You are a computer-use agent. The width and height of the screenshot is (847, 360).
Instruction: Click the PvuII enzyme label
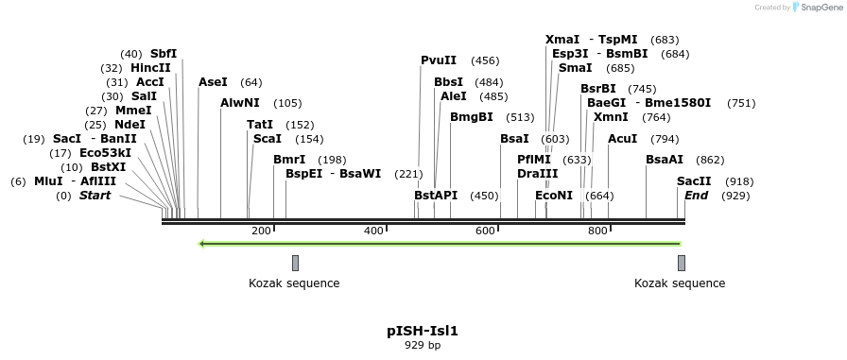click(x=439, y=60)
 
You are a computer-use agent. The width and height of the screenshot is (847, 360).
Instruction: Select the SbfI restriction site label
click(x=164, y=54)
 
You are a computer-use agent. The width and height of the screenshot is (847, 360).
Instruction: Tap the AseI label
click(x=213, y=82)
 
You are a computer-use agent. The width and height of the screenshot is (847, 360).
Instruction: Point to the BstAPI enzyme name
click(x=436, y=196)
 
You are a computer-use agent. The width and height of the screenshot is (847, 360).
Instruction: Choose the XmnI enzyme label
click(x=611, y=117)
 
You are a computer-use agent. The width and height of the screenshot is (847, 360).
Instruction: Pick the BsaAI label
click(x=665, y=160)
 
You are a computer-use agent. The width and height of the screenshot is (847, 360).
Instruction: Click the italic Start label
click(x=95, y=196)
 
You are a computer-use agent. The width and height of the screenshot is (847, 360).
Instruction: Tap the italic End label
click(x=697, y=196)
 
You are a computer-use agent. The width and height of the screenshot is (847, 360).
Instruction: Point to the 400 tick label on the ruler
click(x=374, y=231)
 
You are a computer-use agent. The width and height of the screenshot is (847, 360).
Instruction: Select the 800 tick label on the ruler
click(x=597, y=231)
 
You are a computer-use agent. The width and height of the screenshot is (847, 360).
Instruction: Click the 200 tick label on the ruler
click(x=262, y=231)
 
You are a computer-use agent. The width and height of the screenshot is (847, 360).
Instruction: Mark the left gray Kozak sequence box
click(x=295, y=263)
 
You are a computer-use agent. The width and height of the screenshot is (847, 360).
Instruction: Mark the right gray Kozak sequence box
click(x=681, y=263)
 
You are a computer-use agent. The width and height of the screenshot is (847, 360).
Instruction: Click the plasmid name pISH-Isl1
click(x=423, y=331)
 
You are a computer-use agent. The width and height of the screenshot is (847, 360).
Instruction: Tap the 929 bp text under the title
click(x=423, y=345)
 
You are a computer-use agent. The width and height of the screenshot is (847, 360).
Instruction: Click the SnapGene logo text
click(x=818, y=8)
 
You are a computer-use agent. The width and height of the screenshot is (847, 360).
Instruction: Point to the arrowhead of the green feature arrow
click(x=202, y=244)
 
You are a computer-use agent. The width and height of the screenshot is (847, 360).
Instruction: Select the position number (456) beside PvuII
click(x=485, y=60)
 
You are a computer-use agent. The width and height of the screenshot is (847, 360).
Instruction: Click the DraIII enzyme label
click(x=538, y=174)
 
